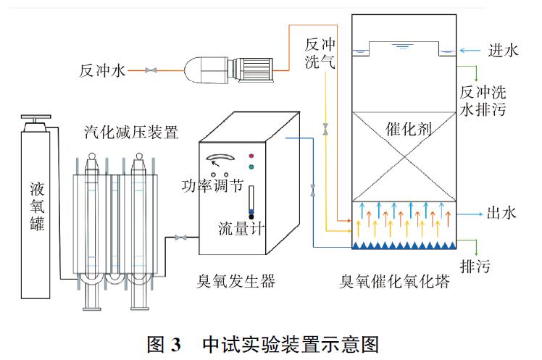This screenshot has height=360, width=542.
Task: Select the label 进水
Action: [x=503, y=51]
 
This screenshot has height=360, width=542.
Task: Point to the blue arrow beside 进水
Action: [x=470, y=51]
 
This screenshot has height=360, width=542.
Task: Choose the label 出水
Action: [x=501, y=214]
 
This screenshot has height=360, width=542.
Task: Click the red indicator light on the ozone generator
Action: [x=251, y=155]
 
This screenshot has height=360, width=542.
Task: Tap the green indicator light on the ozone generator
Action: [x=251, y=167]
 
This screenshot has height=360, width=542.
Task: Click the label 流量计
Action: [x=241, y=229]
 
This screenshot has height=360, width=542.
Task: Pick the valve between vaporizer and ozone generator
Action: [x=181, y=237]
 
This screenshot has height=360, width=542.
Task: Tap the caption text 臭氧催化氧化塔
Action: [x=395, y=282]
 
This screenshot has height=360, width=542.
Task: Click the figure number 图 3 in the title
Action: [x=163, y=341]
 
